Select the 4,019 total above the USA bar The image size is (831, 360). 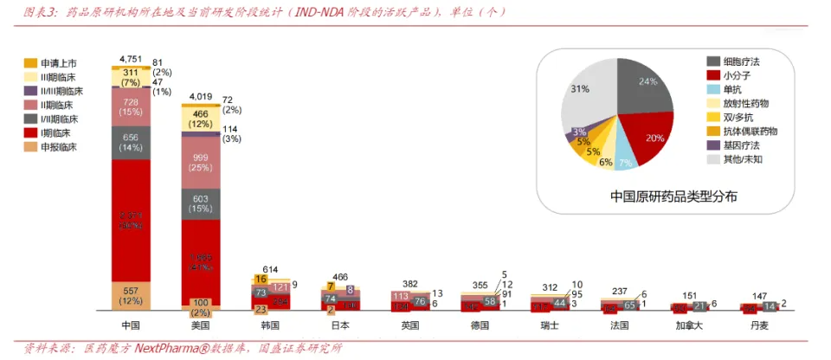[x=200, y=96]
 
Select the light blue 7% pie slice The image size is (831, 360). [x=623, y=157]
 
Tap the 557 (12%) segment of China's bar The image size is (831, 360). [x=131, y=295]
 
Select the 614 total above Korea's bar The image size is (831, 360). [x=270, y=270]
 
